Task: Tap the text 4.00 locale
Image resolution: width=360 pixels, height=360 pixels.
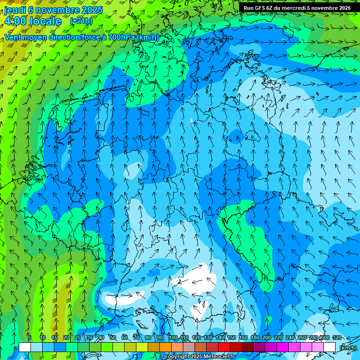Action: tap(32, 21)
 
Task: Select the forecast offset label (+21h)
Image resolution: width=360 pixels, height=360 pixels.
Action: tap(81, 21)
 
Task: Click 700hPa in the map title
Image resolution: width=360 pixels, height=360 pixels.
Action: tap(120, 37)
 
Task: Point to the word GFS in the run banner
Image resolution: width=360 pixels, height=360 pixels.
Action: tap(262, 8)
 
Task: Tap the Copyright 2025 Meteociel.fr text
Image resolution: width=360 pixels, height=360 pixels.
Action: tap(199, 357)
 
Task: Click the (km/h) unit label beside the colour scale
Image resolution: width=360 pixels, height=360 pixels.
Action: tap(347, 348)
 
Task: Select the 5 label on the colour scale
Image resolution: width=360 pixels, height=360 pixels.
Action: tap(30, 337)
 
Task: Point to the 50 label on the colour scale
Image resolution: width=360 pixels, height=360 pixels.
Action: tap(112, 337)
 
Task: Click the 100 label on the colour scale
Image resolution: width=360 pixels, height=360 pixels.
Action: tap(173, 337)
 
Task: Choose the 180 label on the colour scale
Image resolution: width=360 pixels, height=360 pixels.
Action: tap(255, 337)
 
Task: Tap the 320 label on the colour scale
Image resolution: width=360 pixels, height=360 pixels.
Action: tap(337, 337)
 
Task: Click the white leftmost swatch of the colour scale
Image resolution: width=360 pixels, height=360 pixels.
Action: tap(25, 347)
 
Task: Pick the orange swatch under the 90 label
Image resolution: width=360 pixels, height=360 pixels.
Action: tap(165, 347)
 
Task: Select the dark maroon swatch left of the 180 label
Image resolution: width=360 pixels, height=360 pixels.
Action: tap(247, 347)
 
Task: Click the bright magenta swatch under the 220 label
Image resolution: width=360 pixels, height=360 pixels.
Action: tap(283, 347)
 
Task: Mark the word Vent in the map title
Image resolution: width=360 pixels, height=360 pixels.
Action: tap(14, 37)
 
